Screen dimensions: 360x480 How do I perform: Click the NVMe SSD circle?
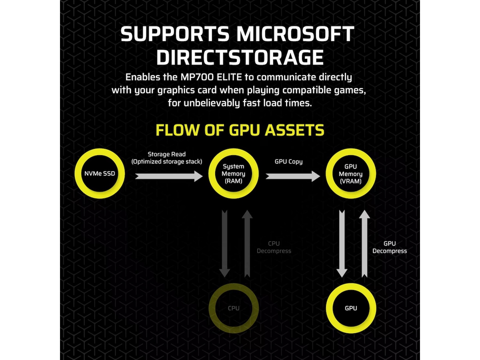click(x=100, y=174)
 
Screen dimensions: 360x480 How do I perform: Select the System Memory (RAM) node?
click(x=234, y=174)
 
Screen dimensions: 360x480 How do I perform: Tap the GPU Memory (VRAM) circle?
click(x=351, y=174)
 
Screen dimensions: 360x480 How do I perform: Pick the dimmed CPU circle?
click(x=234, y=308)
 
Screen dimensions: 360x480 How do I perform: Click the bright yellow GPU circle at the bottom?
click(x=351, y=308)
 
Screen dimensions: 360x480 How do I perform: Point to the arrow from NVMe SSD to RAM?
click(x=169, y=176)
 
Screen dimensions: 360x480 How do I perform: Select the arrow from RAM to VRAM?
click(x=293, y=176)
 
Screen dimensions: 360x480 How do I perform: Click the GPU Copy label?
click(x=288, y=162)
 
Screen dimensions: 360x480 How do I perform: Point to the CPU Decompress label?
click(x=274, y=247)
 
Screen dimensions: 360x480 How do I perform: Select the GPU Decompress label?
click(x=390, y=247)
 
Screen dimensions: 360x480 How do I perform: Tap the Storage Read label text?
click(x=167, y=154)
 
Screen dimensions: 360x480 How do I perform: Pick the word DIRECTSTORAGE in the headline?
click(x=240, y=57)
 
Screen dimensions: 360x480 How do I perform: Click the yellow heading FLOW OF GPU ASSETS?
click(x=240, y=130)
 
